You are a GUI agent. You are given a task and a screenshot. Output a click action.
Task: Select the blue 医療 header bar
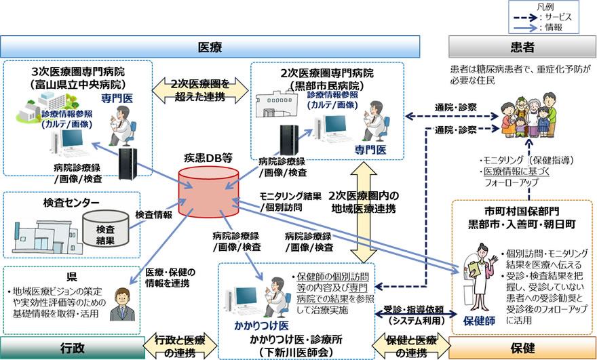[210, 48]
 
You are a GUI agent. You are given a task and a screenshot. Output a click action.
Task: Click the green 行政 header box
[69, 348]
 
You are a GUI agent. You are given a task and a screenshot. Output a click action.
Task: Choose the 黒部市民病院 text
[328, 86]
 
